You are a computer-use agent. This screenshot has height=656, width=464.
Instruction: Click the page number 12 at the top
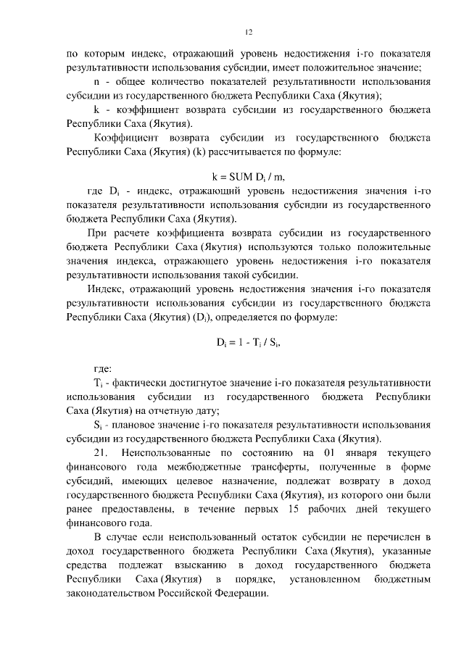[248, 33]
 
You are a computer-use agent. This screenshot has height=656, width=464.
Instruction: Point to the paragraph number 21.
[95, 452]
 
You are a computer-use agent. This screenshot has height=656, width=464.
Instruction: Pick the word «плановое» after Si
[134, 425]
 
